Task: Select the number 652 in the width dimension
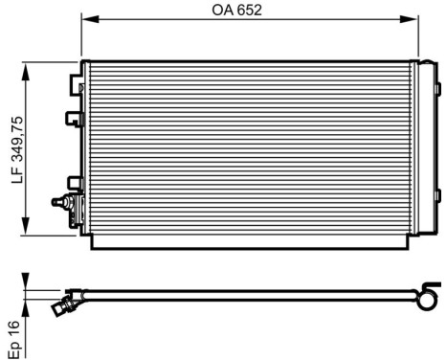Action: pyautogui.click(x=249, y=11)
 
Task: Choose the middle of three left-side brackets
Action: pyautogui.click(x=72, y=121)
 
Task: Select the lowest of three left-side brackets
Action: pyautogui.click(x=73, y=184)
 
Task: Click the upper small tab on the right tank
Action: pyautogui.click(x=437, y=92)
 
